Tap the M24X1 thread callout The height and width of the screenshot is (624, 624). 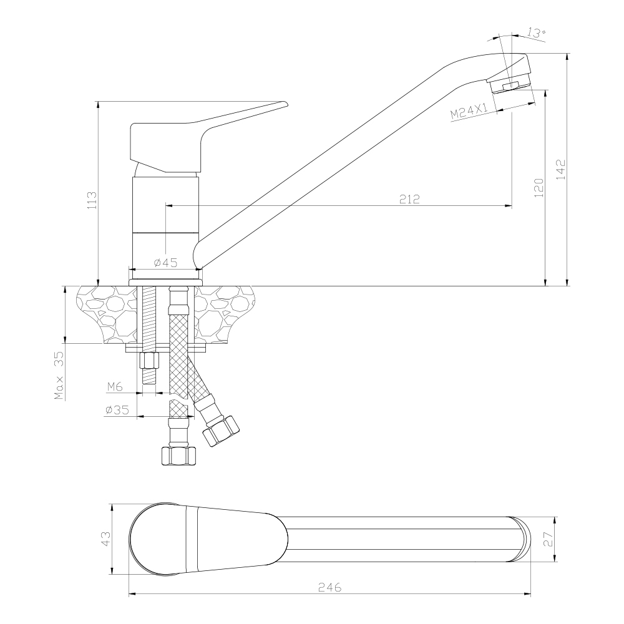[x=468, y=112]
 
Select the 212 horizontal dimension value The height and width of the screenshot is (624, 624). [x=409, y=199]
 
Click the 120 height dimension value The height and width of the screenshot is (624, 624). [x=539, y=187]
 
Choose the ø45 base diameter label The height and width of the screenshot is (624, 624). [x=165, y=263]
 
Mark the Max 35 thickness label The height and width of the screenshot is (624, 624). [x=59, y=375]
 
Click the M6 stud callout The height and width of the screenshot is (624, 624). [x=114, y=387]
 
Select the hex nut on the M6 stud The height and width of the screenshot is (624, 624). [x=150, y=361]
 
